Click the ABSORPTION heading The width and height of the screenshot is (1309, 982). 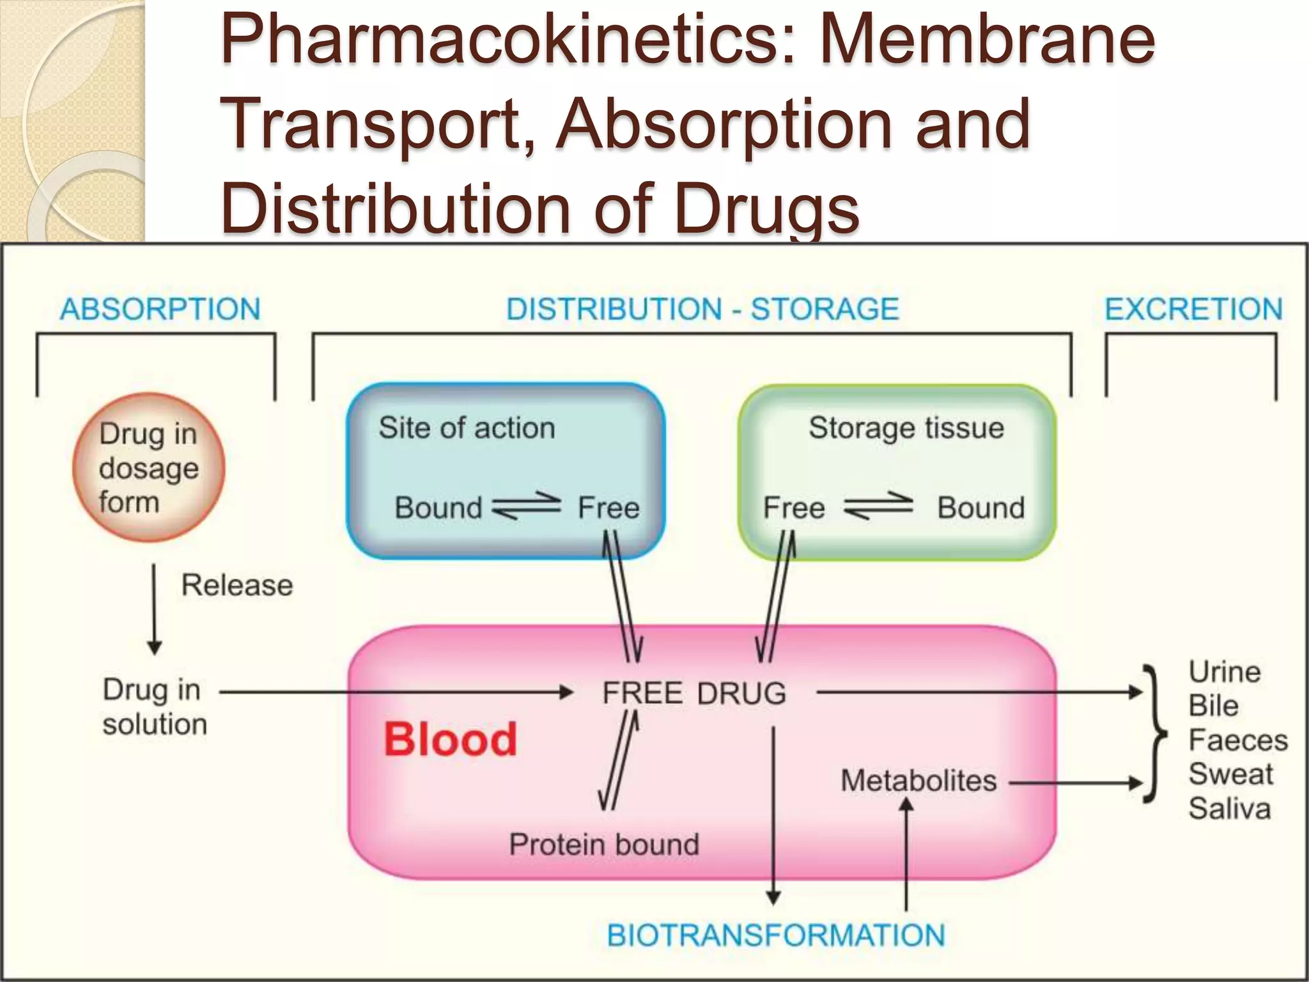click(160, 309)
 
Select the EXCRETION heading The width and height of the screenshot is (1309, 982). click(1193, 309)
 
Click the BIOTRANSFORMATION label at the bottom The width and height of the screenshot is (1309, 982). click(775, 935)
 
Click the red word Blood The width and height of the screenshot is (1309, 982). click(450, 740)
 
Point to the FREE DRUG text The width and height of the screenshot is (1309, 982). click(693, 694)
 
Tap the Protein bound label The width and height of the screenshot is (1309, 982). click(603, 845)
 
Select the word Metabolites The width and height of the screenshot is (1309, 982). click(918, 781)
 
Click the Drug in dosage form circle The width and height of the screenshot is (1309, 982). click(148, 468)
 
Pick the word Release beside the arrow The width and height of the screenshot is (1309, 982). click(236, 585)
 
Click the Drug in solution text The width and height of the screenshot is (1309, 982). click(155, 707)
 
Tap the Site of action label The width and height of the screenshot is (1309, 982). click(467, 428)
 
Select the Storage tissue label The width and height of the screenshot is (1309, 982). click(906, 428)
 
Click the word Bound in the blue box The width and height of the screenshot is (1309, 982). click(438, 508)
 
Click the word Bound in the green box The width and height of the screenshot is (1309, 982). click(980, 508)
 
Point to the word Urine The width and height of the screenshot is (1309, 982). click(1224, 672)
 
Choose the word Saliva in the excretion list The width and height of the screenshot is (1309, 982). click(1229, 809)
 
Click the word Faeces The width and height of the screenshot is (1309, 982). click(1238, 740)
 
